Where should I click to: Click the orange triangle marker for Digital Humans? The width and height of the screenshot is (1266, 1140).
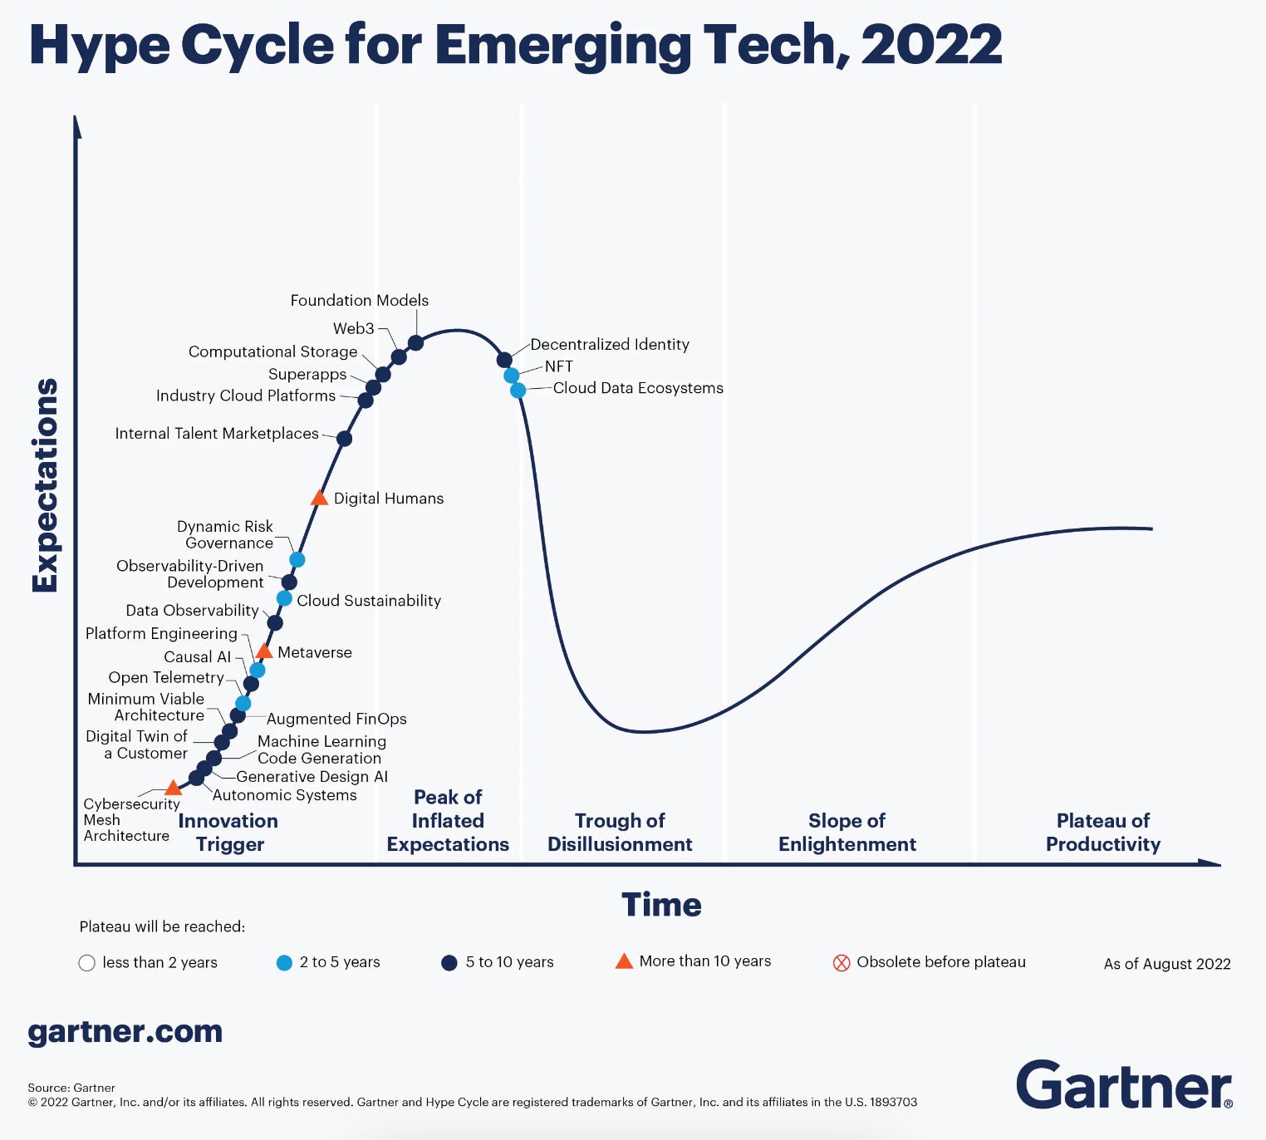[x=319, y=499]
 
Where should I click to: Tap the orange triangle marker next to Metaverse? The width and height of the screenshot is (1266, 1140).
[x=264, y=651]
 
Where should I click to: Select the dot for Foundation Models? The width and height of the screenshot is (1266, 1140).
[x=415, y=342]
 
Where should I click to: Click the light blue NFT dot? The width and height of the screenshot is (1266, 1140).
[x=512, y=376]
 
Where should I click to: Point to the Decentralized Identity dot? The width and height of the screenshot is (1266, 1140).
[x=504, y=360]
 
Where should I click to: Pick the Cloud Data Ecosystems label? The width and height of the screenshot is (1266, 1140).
[x=637, y=388]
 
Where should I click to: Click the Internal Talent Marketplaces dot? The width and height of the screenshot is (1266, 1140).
[x=344, y=438]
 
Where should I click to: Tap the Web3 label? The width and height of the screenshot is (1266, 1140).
[x=354, y=328]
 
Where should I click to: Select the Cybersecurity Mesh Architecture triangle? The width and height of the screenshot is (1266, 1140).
[x=173, y=788]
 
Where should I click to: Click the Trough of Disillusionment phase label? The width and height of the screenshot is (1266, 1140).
[x=620, y=832]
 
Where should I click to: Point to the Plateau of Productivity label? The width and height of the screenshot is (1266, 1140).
[x=1102, y=832]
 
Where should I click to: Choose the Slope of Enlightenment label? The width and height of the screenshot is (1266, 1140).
[x=846, y=832]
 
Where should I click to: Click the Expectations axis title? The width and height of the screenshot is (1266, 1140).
[x=45, y=485]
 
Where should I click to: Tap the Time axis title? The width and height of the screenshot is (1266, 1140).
[x=661, y=904]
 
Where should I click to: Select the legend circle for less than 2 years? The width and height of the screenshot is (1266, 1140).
[x=86, y=963]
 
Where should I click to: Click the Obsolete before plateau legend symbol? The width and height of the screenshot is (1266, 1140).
[x=842, y=963]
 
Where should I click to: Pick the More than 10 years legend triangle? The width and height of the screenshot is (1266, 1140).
[x=624, y=961]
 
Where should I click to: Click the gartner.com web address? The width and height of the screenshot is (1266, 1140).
[x=125, y=1032]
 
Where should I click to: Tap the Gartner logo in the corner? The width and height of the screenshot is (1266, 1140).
[x=1124, y=1084]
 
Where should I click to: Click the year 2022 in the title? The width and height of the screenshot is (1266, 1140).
[x=931, y=45]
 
